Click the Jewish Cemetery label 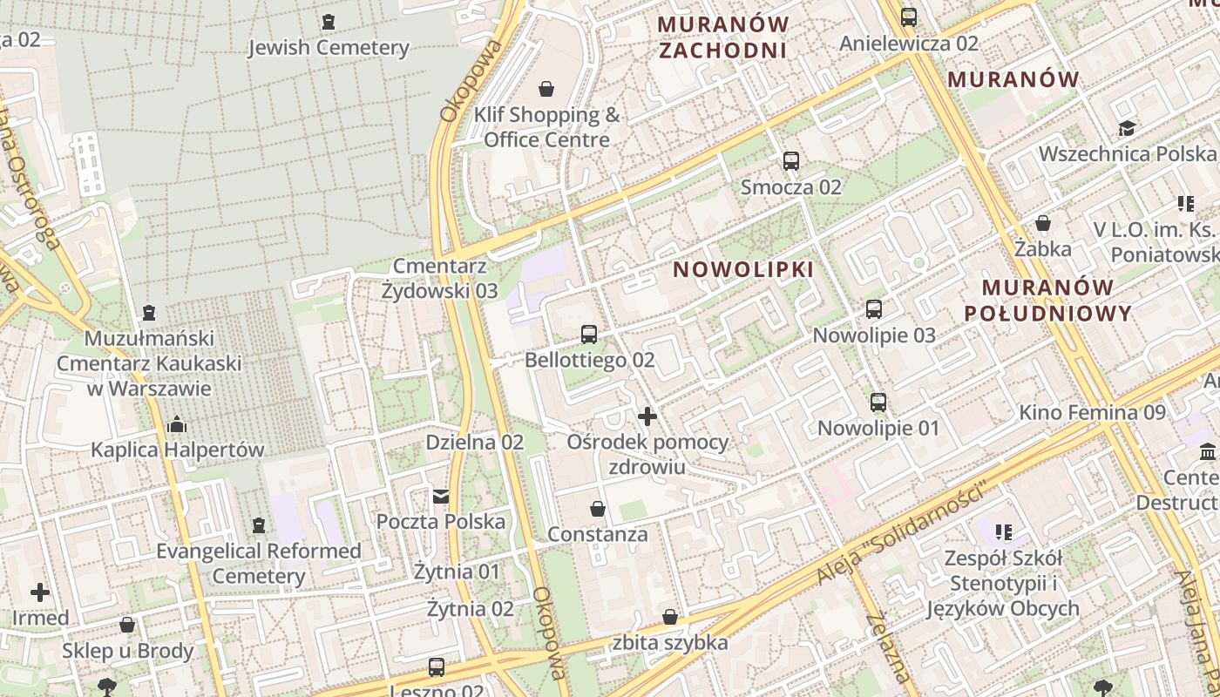tap(329, 47)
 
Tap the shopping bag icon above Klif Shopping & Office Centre tap(546, 89)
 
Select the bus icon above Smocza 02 tap(791, 161)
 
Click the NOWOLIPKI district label tap(743, 269)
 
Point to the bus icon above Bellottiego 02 tap(589, 335)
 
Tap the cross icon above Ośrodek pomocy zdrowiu tap(647, 416)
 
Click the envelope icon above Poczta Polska tap(441, 497)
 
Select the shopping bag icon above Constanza tap(598, 509)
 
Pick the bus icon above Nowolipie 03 tap(874, 309)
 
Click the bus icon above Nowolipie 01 tap(878, 403)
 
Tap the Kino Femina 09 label tap(1092, 412)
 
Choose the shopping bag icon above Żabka tap(1043, 224)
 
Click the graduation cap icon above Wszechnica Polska tap(1127, 129)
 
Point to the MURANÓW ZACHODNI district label tap(723, 37)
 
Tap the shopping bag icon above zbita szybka tap(670, 618)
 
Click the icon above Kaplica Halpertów tap(177, 425)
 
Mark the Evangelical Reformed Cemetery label tap(258, 563)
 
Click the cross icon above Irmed tap(40, 593)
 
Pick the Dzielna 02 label tap(474, 443)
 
